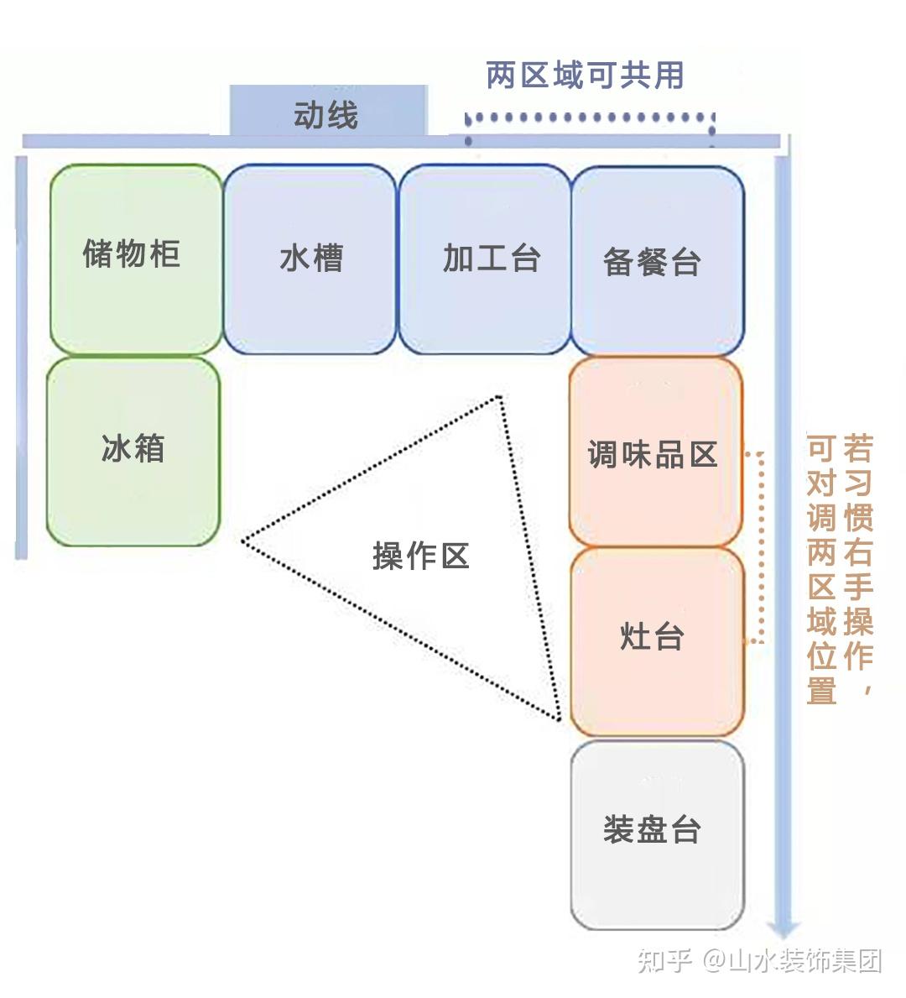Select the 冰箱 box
[133, 451]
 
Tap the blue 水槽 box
[310, 259]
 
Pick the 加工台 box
[484, 259]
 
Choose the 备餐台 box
[658, 260]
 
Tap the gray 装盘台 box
[657, 834]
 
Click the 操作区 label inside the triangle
[419, 556]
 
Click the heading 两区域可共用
[585, 76]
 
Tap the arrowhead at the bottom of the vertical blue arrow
[784, 928]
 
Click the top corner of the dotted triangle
[500, 397]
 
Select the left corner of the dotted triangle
[243, 541]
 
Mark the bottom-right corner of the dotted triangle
[558, 718]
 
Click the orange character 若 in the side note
[857, 449]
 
